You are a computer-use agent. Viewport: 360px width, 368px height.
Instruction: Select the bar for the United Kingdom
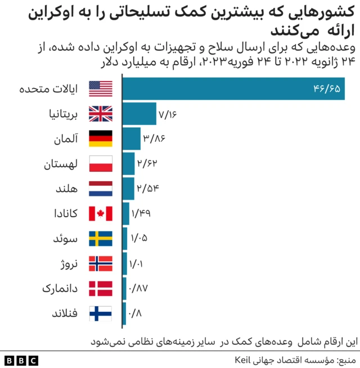pyautogui.click(x=139, y=114)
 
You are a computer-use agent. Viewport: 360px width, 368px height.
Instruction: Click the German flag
pyautogui.click(x=101, y=138)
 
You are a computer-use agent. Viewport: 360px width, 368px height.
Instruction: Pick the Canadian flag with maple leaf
pyautogui.click(x=101, y=214)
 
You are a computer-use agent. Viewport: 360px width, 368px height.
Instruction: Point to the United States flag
pyautogui.click(x=101, y=89)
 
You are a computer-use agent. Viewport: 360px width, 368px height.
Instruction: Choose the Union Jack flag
pyautogui.click(x=101, y=114)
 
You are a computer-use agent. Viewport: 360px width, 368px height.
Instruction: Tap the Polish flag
pyautogui.click(x=101, y=164)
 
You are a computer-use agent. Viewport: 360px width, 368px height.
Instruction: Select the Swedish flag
pyautogui.click(x=101, y=239)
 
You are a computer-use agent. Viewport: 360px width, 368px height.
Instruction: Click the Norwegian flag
pyautogui.click(x=101, y=263)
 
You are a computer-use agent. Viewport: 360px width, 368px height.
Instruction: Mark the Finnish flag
pyautogui.click(x=101, y=313)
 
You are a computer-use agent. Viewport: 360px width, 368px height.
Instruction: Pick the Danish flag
pyautogui.click(x=101, y=289)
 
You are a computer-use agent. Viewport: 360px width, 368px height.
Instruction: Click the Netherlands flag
pyautogui.click(x=101, y=189)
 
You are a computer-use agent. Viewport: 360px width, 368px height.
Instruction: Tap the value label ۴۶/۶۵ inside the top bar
pyautogui.click(x=327, y=89)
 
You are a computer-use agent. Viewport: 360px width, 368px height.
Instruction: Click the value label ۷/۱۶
pyautogui.click(x=168, y=115)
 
